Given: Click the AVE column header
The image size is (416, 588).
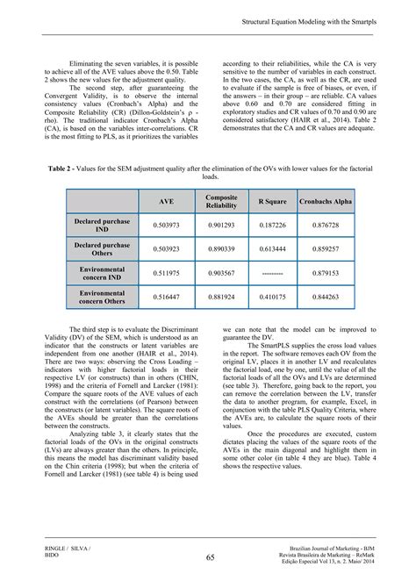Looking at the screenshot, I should tap(166, 202).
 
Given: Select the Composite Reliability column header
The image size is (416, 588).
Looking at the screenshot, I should tap(221, 202).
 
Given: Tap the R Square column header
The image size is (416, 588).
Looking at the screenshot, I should tap(278, 202).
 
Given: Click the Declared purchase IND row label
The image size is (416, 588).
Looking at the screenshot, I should tap(102, 226).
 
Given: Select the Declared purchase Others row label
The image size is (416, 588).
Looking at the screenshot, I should tap(102, 249).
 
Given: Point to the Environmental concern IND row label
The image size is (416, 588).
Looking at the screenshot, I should tap(102, 273).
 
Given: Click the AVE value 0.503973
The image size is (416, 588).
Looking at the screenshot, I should tap(166, 226).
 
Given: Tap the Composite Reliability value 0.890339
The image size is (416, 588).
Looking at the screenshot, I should tap(221, 249).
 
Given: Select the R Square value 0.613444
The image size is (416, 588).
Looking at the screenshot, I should tap(278, 249).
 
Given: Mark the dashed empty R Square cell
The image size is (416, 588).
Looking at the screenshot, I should tap(278, 273).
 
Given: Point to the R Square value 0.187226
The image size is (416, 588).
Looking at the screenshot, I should tap(278, 226).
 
